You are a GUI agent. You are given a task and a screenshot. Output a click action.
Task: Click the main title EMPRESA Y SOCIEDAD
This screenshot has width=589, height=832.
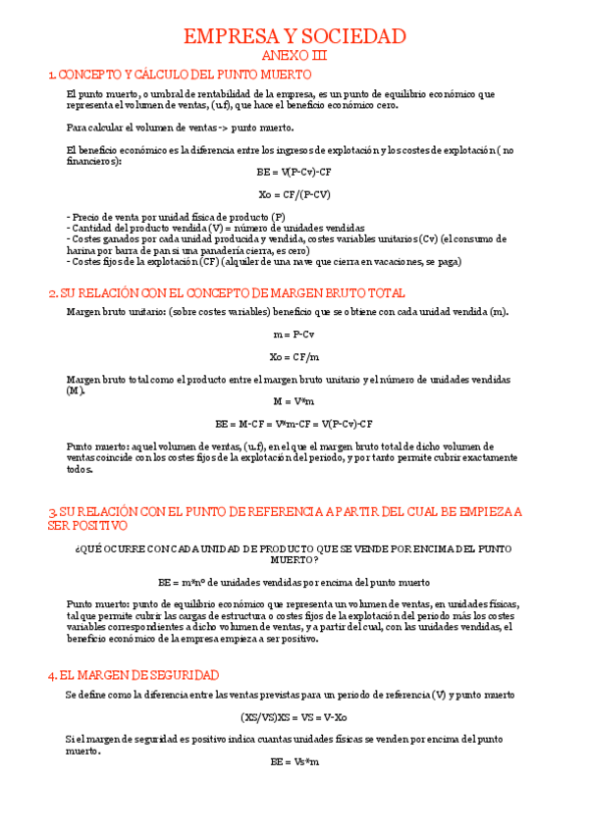click(x=294, y=37)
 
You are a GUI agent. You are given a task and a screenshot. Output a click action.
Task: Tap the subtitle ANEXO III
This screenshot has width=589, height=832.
click(x=294, y=56)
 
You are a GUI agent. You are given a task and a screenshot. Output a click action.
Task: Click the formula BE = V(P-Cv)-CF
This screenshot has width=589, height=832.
click(x=294, y=173)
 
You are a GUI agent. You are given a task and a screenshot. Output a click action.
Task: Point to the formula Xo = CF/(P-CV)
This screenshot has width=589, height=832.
click(x=294, y=193)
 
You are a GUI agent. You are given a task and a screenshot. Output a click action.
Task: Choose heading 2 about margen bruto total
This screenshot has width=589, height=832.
click(x=227, y=293)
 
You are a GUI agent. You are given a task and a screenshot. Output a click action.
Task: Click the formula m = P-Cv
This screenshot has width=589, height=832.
click(x=294, y=335)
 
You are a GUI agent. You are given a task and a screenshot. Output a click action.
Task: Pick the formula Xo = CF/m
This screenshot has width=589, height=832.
click(x=294, y=357)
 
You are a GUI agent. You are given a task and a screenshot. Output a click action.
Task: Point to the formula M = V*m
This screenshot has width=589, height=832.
click(x=294, y=401)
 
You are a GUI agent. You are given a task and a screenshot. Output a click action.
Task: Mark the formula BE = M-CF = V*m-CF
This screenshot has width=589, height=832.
click(x=294, y=424)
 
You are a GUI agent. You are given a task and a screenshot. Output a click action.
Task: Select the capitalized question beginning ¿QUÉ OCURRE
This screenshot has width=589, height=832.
click(x=294, y=553)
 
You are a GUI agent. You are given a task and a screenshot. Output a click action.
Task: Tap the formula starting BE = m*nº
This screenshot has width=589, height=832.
click(x=294, y=582)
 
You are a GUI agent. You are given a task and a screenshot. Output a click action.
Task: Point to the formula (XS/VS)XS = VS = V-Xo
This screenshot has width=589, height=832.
click(x=294, y=717)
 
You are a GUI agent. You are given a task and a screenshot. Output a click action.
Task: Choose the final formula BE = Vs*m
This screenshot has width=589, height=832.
click(x=294, y=761)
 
